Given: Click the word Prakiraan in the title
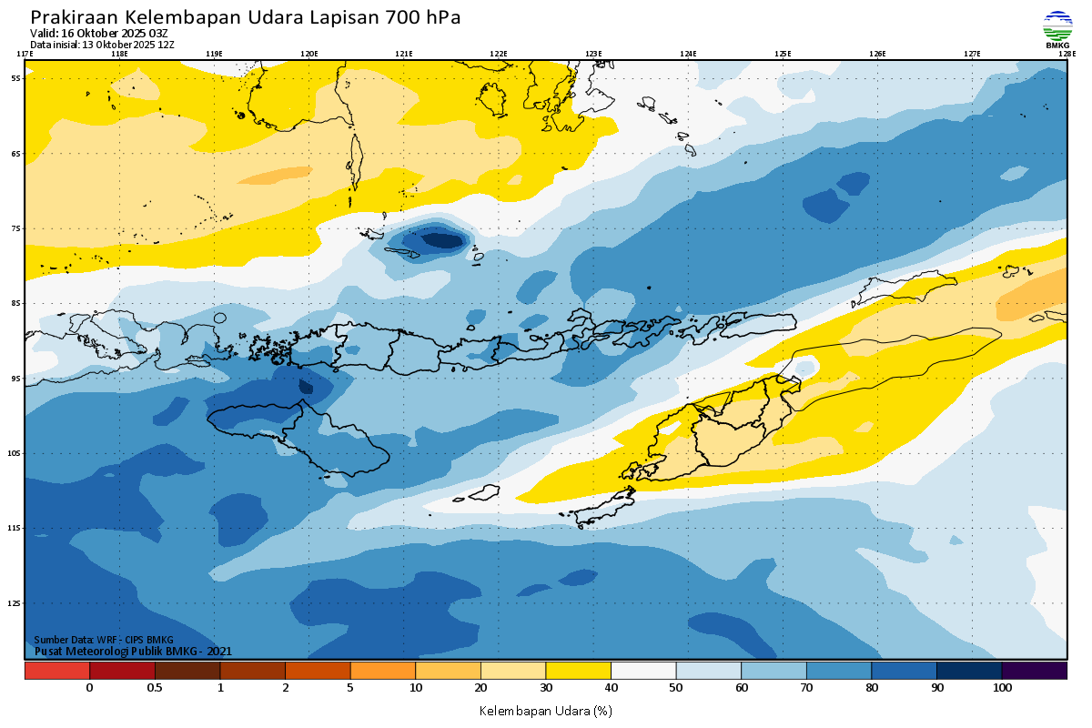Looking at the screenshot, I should pyautogui.click(x=74, y=17).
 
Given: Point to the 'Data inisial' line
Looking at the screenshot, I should pyautogui.click(x=102, y=44).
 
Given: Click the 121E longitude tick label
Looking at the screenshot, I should pyautogui.click(x=404, y=54).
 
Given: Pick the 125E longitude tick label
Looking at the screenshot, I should pyautogui.click(x=783, y=54).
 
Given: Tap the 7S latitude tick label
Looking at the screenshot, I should pyautogui.click(x=16, y=228).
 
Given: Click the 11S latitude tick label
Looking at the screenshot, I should pyautogui.click(x=15, y=528).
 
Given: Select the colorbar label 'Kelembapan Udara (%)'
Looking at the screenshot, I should pyautogui.click(x=546, y=710).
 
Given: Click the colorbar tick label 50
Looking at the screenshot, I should pyautogui.click(x=676, y=688).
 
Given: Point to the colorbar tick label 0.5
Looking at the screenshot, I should pyautogui.click(x=155, y=688).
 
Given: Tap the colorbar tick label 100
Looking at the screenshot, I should pyautogui.click(x=1002, y=688).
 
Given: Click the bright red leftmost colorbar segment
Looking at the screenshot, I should pyautogui.click(x=57, y=671).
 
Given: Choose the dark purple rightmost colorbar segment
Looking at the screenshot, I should pyautogui.click(x=1034, y=671).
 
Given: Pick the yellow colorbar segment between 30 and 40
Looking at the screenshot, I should pyautogui.click(x=578, y=671).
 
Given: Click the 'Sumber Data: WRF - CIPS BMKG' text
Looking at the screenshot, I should pyautogui.click(x=104, y=640).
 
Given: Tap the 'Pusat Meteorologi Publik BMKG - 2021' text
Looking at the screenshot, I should pyautogui.click(x=133, y=651).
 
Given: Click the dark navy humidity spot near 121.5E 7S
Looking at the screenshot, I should pyautogui.click(x=445, y=240).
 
